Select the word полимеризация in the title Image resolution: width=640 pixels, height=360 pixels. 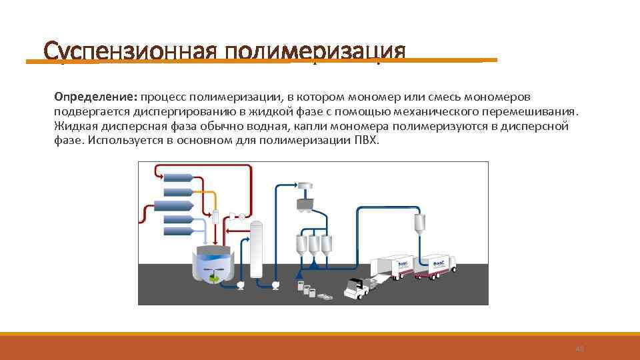[x=315, y=52]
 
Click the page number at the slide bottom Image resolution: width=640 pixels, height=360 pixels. [x=579, y=349]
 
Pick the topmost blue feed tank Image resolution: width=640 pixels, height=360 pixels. [x=179, y=177]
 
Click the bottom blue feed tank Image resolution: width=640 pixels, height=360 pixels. [x=179, y=231]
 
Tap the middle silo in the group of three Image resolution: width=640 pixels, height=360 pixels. [x=312, y=245]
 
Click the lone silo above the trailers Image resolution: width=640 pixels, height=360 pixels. [x=420, y=223]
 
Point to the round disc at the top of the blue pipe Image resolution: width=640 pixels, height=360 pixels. [x=305, y=184]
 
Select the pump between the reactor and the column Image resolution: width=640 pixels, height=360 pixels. [x=240, y=285]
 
